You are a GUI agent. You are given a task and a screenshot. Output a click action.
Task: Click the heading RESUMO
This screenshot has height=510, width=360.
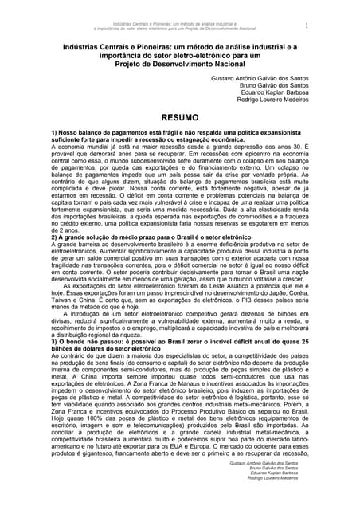[x=179, y=115]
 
